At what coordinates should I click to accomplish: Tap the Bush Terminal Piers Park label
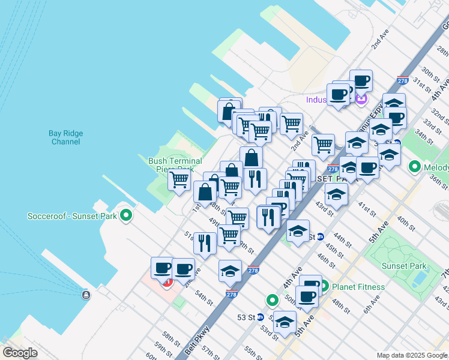[x=171, y=165]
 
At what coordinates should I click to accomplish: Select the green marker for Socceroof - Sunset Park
[x=125, y=215]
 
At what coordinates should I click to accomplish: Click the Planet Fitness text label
[x=358, y=287]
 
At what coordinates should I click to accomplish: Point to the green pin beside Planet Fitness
[x=324, y=286]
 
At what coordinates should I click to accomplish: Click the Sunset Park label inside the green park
[x=406, y=266]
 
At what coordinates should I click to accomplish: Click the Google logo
[x=19, y=353]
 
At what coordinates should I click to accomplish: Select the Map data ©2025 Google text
[x=412, y=355]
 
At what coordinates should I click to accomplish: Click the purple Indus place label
[x=316, y=100]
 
